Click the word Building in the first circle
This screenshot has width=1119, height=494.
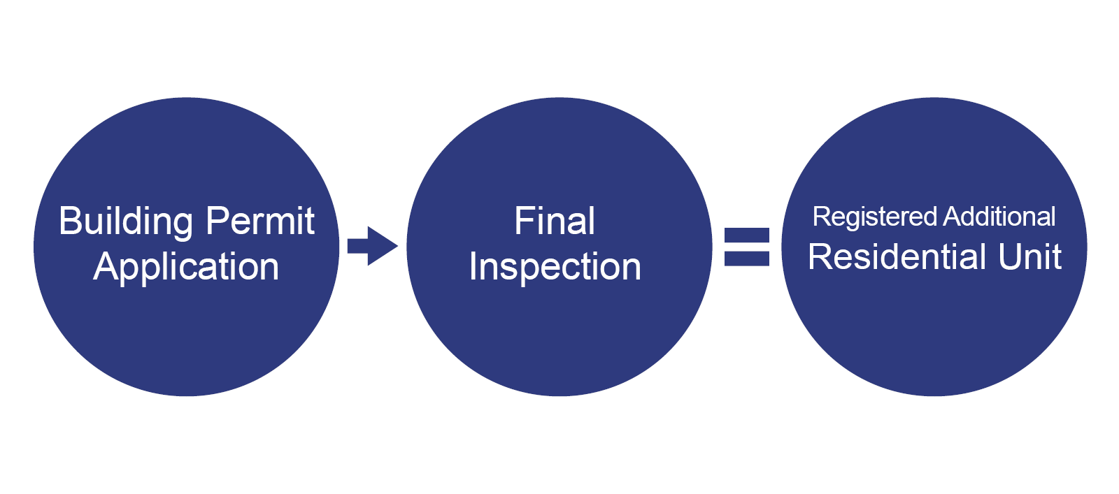coord(126,222)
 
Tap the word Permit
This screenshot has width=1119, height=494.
coord(260,222)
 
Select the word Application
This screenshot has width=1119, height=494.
coord(186,268)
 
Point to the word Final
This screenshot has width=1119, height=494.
coord(555,221)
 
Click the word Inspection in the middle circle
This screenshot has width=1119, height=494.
coord(555,268)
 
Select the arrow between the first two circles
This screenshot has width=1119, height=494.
coord(373,246)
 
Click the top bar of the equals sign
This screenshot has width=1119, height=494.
coord(746,235)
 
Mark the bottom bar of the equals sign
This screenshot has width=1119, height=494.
coord(746,259)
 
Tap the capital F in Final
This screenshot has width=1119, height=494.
coord(522,221)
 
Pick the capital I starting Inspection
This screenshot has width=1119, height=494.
coord(473,267)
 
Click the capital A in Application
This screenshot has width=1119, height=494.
coord(106,267)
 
